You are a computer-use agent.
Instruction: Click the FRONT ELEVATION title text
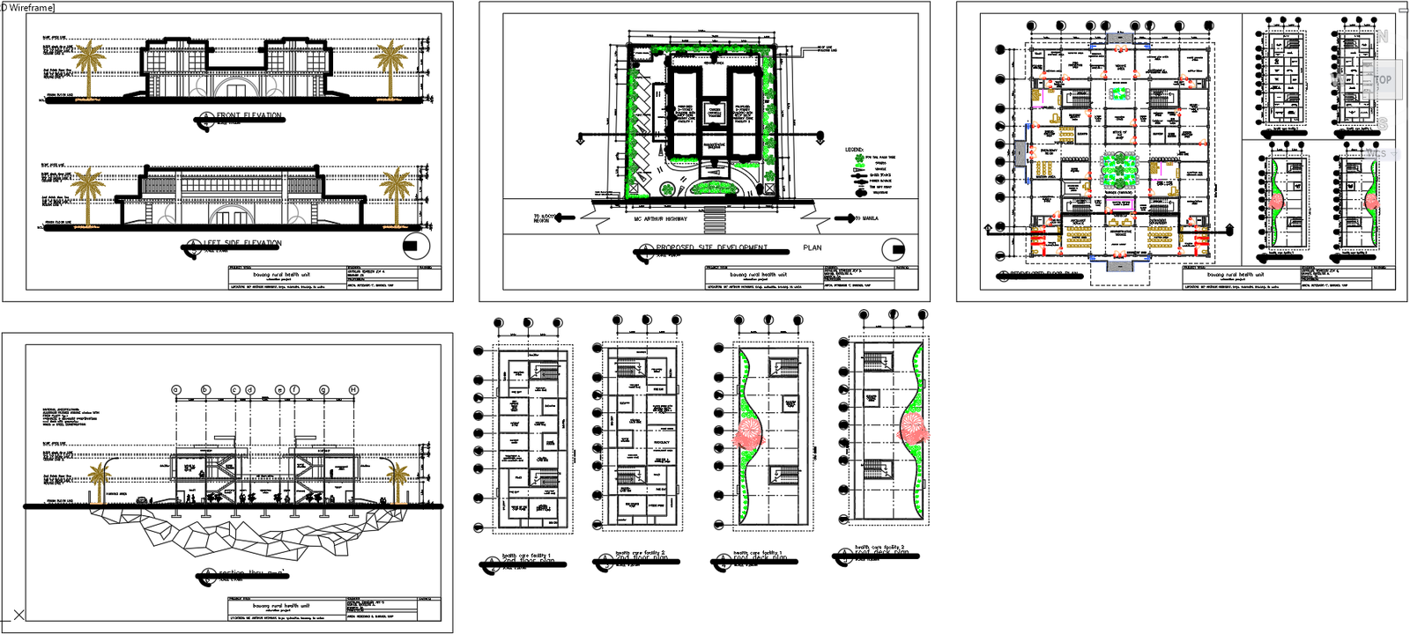249,115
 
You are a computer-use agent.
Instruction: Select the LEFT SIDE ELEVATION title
242,243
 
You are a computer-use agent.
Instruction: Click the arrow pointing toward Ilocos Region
564,217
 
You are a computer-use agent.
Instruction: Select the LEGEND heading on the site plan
855,150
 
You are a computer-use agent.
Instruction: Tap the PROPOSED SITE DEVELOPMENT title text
712,247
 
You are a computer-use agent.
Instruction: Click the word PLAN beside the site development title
813,247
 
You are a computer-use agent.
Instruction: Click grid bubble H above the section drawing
353,389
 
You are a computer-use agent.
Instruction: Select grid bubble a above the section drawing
175,389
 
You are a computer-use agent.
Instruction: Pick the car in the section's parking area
142,498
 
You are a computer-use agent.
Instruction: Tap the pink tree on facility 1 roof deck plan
750,433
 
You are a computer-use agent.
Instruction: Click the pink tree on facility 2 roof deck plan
912,429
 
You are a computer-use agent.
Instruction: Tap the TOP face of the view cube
1383,80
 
